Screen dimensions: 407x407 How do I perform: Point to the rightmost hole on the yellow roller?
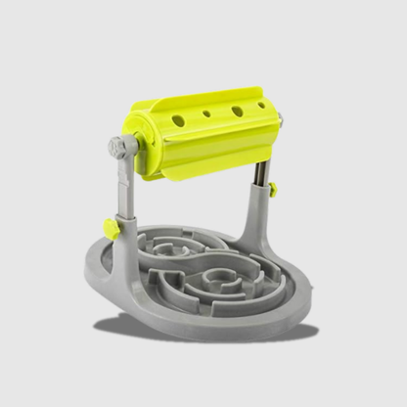tap(261, 103)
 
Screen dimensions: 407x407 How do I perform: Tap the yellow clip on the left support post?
tap(113, 231)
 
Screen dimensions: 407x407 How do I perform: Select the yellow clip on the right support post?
tap(273, 188)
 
